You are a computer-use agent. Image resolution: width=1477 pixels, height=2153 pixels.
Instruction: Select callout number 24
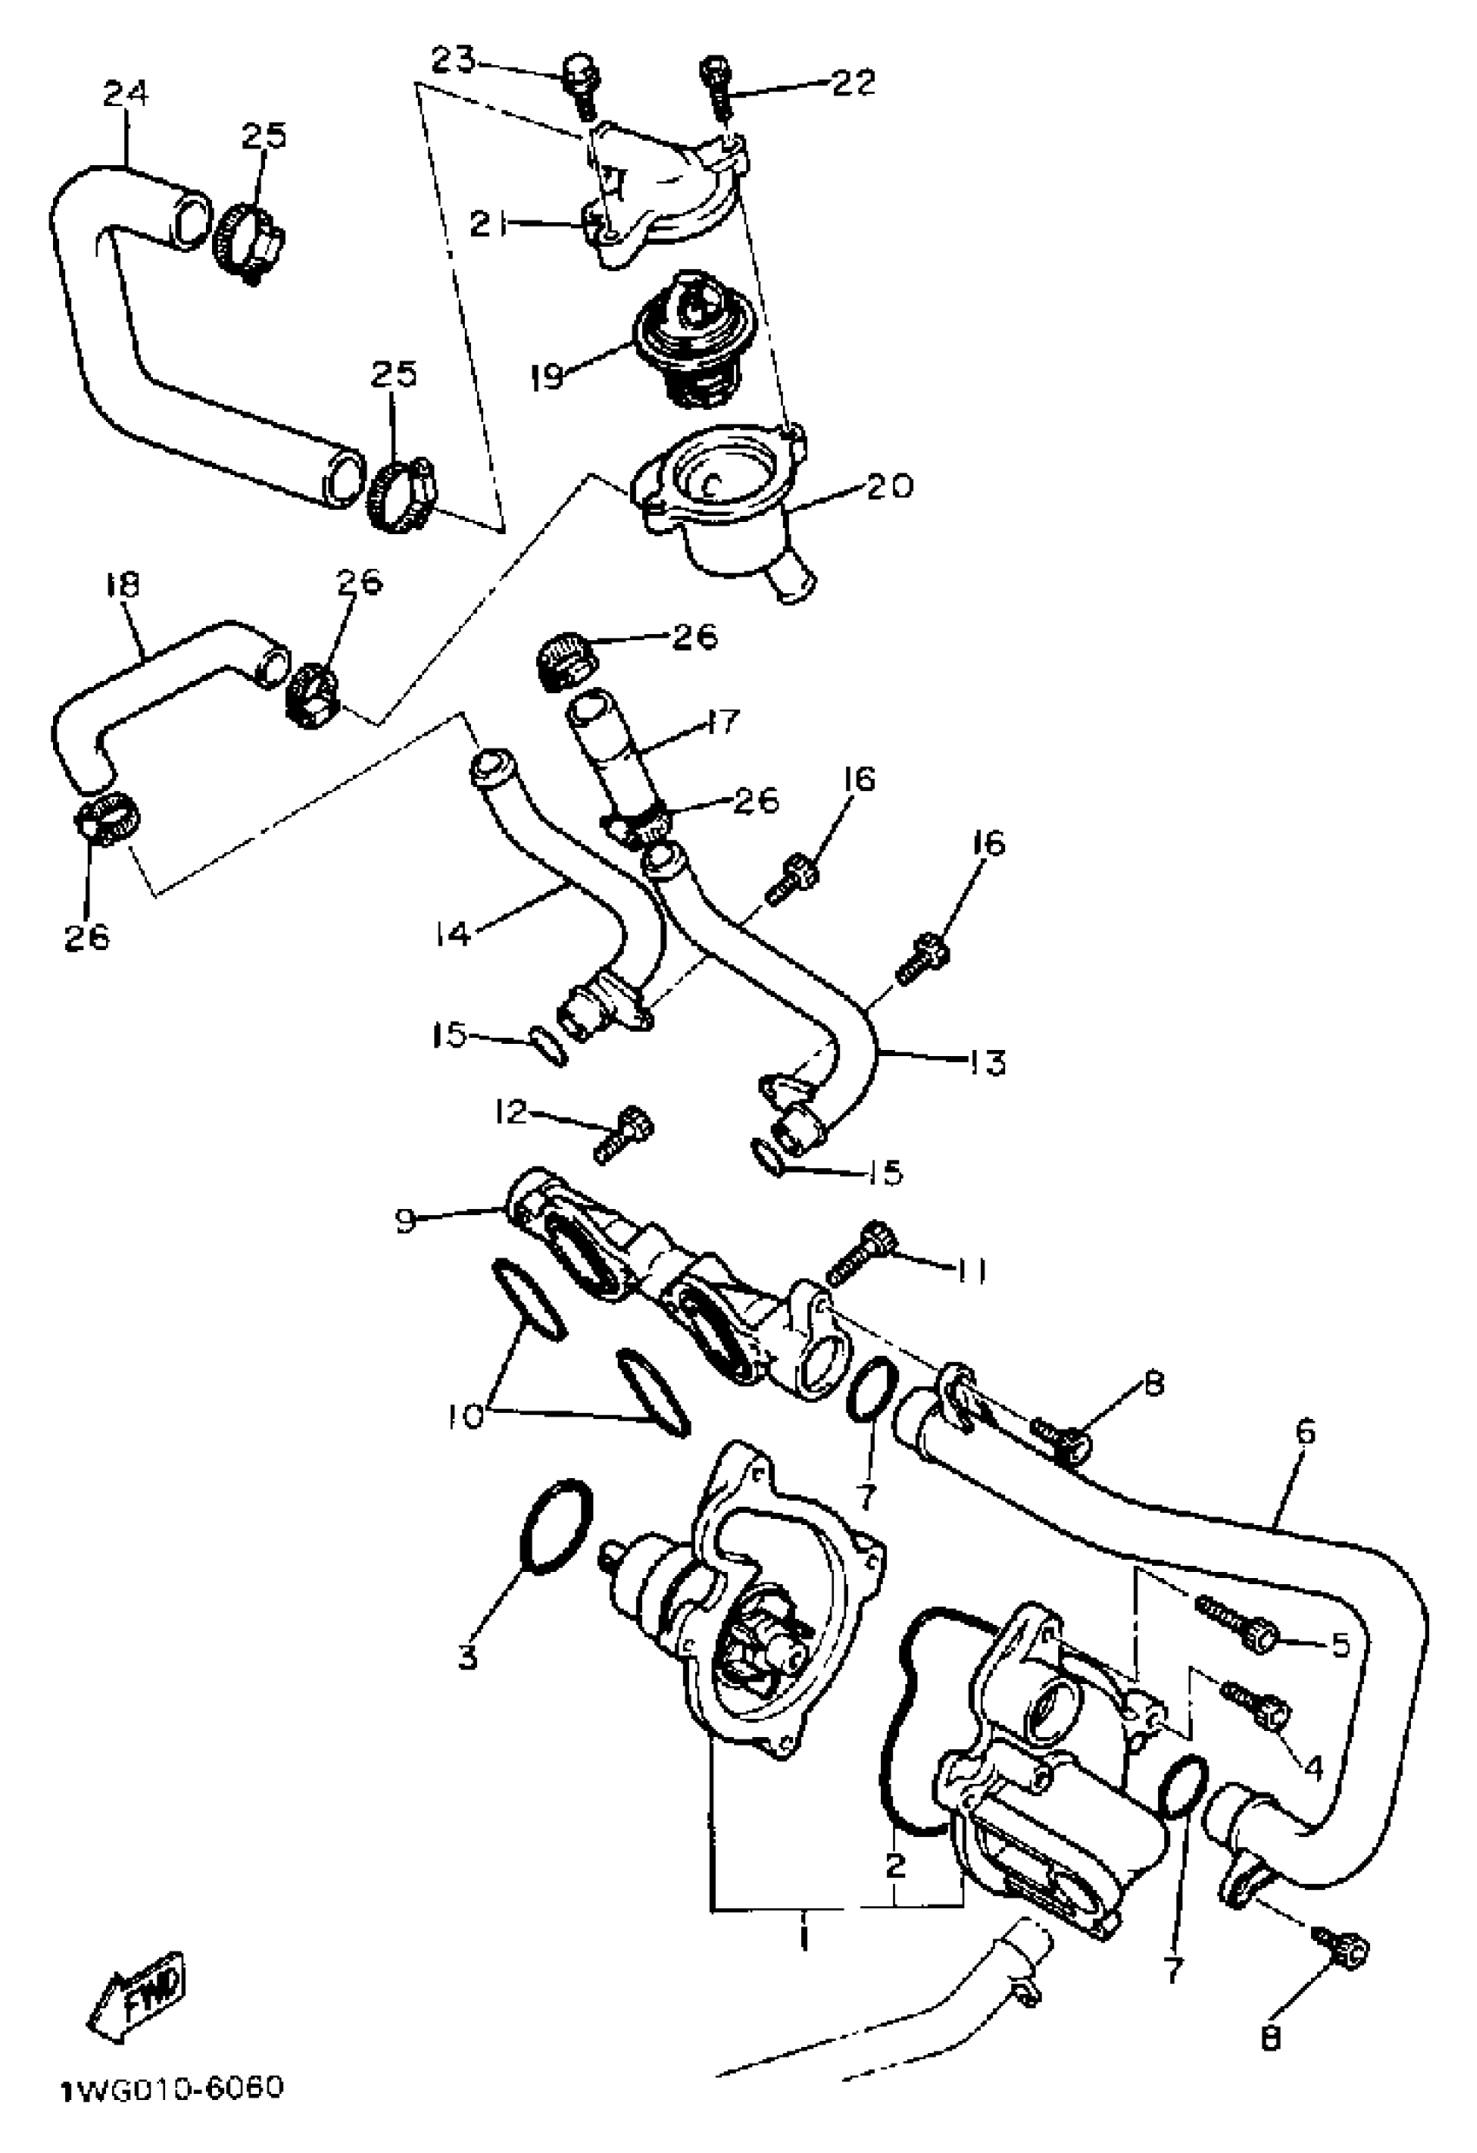[x=125, y=95]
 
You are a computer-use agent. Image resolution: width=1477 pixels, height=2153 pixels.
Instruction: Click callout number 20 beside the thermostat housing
[x=889, y=486]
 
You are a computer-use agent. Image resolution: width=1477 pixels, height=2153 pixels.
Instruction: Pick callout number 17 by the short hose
[x=722, y=721]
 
